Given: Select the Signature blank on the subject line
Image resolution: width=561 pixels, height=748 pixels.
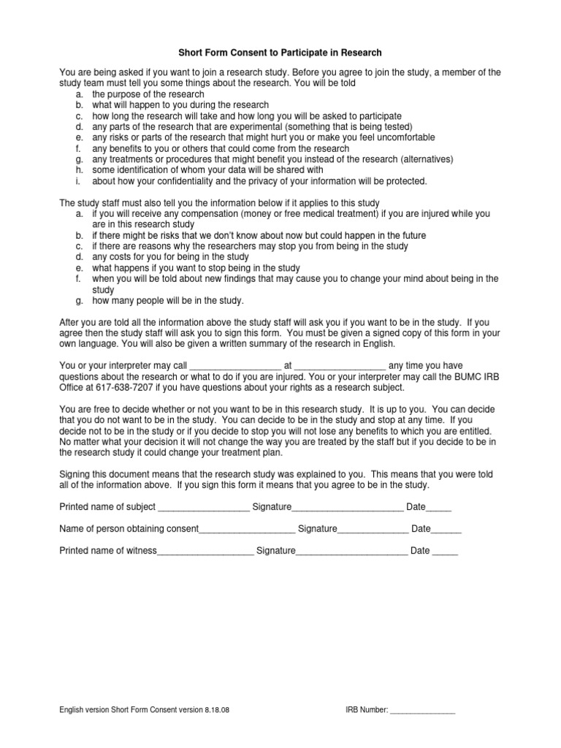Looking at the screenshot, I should (348, 508).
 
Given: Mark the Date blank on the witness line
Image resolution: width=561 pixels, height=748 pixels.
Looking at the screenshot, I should (445, 552).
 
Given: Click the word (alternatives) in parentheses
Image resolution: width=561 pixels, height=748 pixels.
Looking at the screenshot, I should (427, 159).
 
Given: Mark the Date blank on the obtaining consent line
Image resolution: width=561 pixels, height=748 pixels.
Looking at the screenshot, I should (448, 530).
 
